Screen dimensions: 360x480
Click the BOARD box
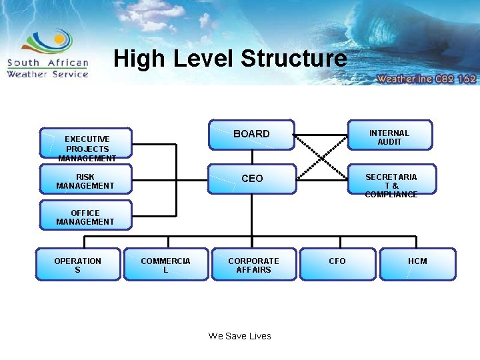pos(251,135)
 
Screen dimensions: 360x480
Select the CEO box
pos(251,179)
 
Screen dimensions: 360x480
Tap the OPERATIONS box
pos(78,265)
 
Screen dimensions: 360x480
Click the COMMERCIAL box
pos(165,265)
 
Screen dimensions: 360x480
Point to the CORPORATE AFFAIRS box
pos(253,265)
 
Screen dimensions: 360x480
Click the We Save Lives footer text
pos(240,336)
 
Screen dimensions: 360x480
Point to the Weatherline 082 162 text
pos(426,78)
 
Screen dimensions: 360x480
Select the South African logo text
pos(47,63)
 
